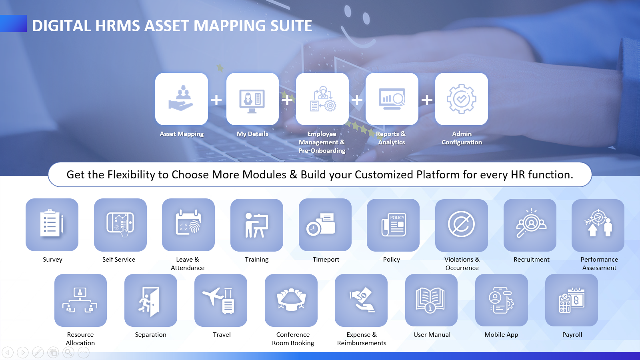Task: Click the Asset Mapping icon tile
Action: pos(182,99)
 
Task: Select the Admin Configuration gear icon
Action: pos(462,99)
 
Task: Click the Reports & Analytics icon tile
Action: pos(392,99)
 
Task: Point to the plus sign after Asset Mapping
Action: pos(216,100)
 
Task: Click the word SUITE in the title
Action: pos(291,26)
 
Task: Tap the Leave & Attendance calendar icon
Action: pos(188,222)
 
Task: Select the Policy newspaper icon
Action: pos(394,225)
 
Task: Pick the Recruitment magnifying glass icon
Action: pos(531,223)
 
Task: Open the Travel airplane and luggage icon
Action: pos(218,300)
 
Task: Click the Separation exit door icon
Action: pos(149,302)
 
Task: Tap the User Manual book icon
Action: pos(430,300)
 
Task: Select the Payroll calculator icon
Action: pos(572,300)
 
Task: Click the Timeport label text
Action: pos(326,260)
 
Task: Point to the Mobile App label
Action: pos(501,335)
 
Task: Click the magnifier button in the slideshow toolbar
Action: pos(68,352)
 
